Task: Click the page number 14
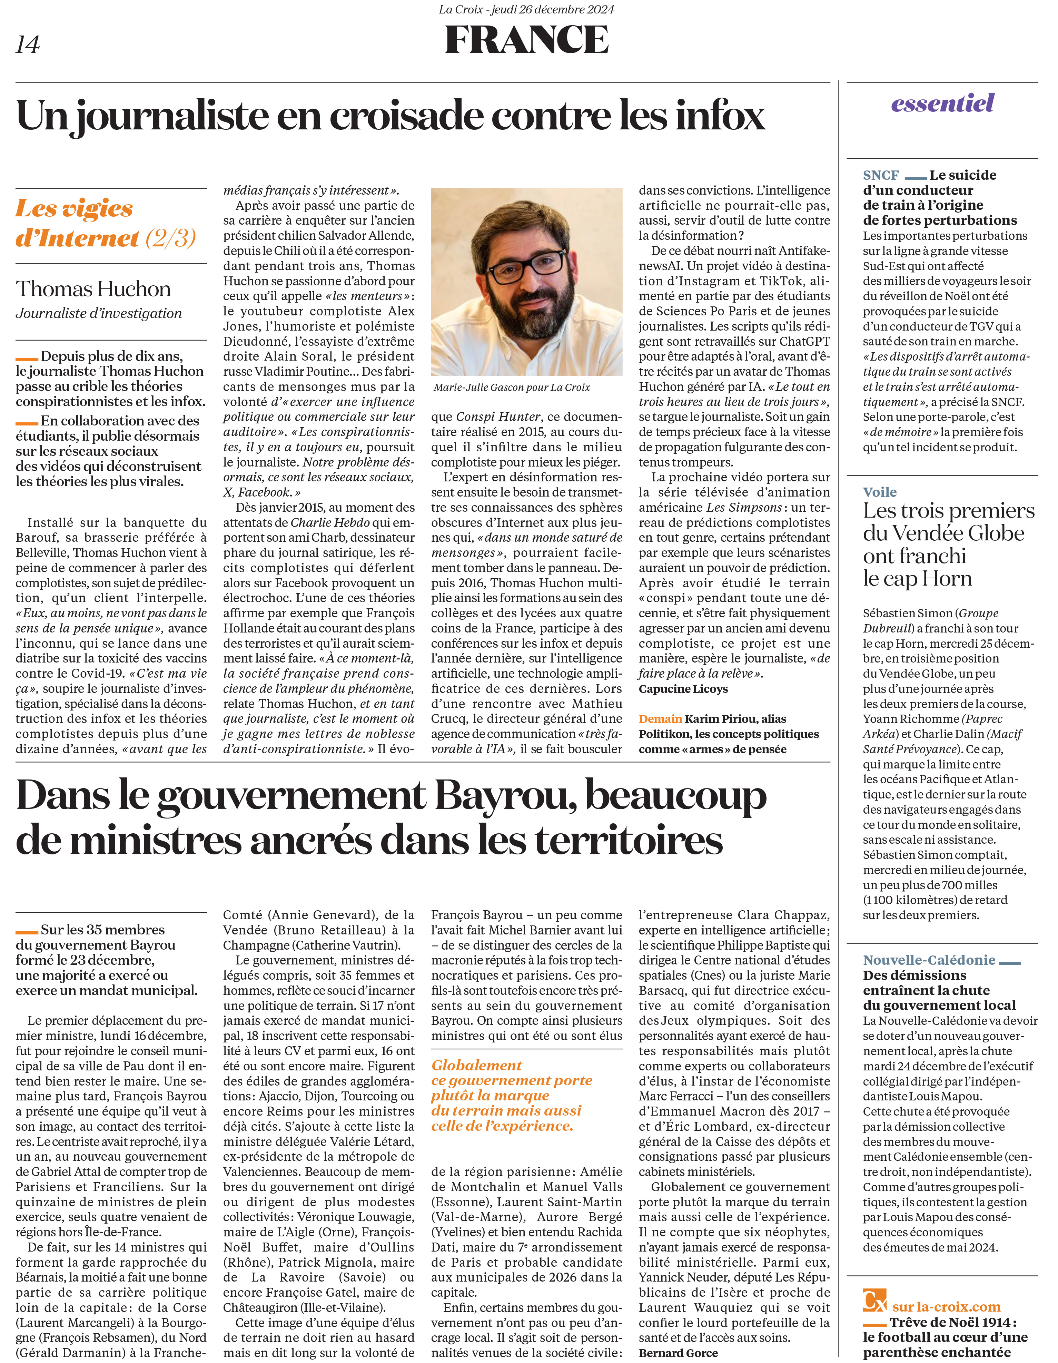(x=28, y=44)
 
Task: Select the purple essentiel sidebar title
(x=942, y=103)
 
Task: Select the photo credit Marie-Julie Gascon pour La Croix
(x=512, y=388)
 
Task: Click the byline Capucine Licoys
(x=683, y=689)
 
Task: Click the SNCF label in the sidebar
(x=881, y=175)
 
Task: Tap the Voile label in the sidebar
(x=880, y=492)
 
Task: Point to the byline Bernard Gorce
(x=678, y=1353)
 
